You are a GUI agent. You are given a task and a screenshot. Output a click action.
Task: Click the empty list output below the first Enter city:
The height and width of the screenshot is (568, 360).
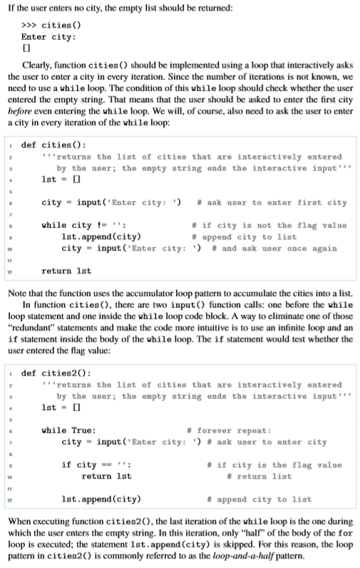pos(26,48)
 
